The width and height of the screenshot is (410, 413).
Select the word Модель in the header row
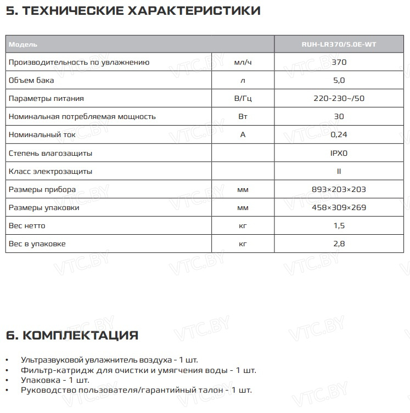point(23,44)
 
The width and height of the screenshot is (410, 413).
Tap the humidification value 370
point(339,62)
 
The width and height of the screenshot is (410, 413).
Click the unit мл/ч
point(243,62)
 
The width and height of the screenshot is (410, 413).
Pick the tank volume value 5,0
point(339,80)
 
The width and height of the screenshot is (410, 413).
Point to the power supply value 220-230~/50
point(339,98)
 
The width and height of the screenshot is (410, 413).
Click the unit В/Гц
point(243,98)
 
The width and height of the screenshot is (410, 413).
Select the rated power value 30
point(339,116)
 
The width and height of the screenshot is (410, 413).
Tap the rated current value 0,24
point(339,134)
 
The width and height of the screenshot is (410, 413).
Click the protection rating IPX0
point(339,153)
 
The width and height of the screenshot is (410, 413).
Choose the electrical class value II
point(339,171)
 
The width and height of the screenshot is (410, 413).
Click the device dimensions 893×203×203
point(339,189)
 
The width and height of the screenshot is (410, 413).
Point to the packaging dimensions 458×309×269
point(339,207)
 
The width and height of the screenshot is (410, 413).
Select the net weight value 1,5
point(339,225)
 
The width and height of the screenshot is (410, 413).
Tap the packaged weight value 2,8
point(339,244)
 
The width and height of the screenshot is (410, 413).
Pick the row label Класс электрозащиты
point(50,171)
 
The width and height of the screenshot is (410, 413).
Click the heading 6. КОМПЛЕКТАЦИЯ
point(72,335)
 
